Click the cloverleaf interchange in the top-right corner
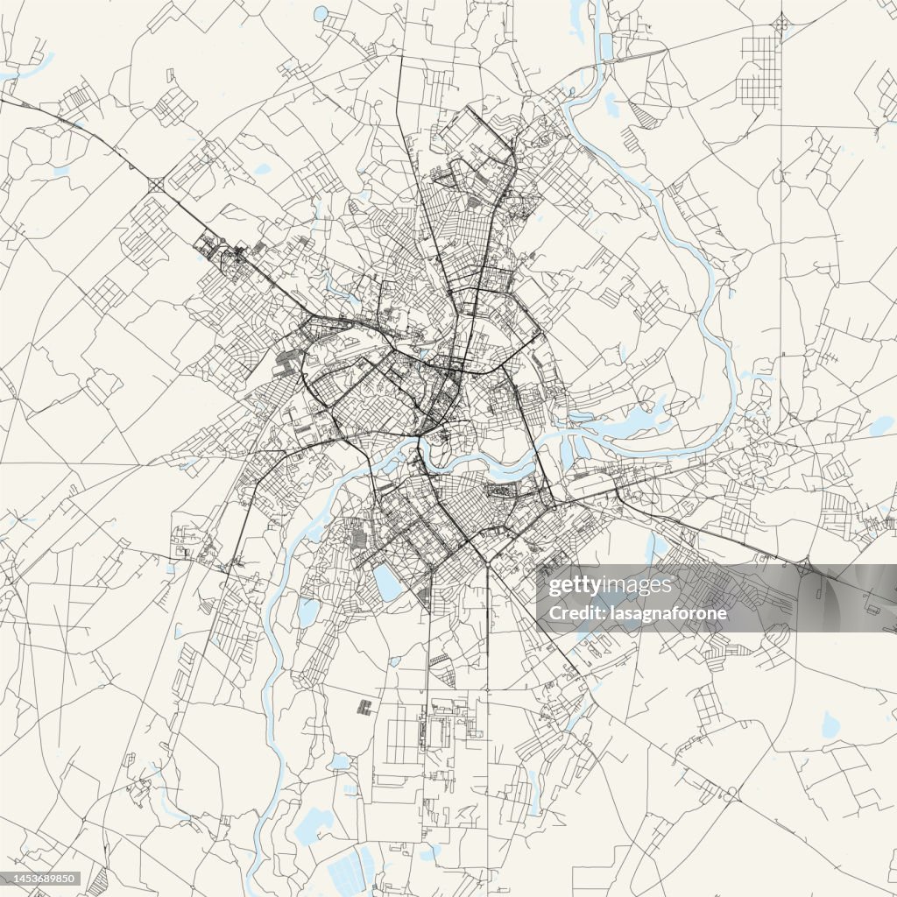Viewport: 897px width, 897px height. (x=781, y=19)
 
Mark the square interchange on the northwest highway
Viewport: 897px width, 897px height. (x=157, y=185)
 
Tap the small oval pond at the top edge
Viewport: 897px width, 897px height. (x=321, y=12)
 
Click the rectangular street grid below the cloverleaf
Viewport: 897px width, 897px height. (x=759, y=70)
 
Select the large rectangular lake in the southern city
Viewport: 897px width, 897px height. (x=387, y=582)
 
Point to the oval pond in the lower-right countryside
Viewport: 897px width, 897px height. (x=830, y=724)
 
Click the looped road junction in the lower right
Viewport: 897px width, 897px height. (x=728, y=794)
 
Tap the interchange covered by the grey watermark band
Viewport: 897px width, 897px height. (x=804, y=570)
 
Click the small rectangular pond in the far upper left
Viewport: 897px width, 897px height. (x=60, y=171)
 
